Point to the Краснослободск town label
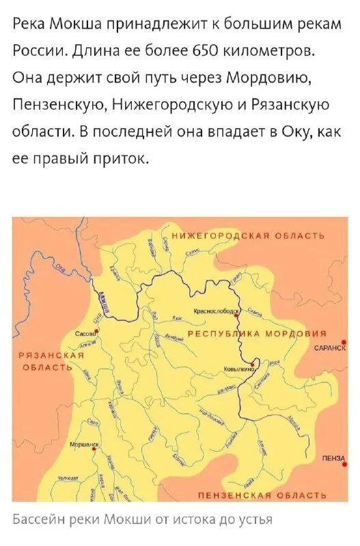click(217, 311)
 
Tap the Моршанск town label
click(84, 443)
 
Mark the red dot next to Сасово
click(98, 330)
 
